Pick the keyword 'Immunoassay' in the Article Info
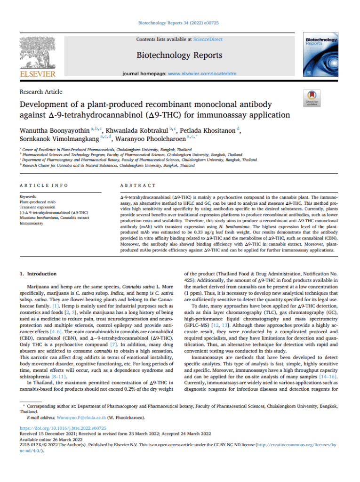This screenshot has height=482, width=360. pos(32,224)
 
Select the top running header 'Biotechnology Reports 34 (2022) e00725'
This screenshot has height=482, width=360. pos(179,22)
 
